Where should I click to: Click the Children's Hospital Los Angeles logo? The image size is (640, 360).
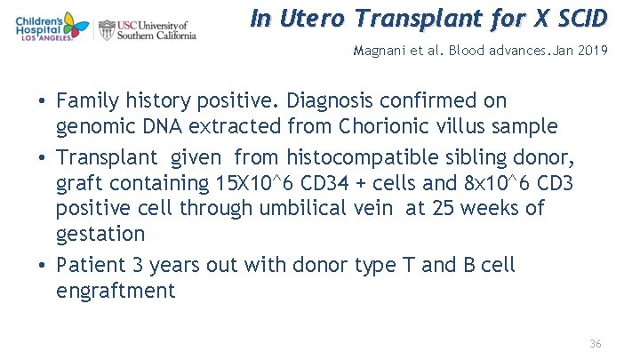[x=47, y=28]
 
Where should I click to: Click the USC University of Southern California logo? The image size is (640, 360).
[x=148, y=29]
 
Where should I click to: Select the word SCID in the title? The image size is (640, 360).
[x=577, y=18]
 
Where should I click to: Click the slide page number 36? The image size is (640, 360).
[x=595, y=343]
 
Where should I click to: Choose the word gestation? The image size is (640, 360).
[x=100, y=234]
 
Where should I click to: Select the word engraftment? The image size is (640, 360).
[x=116, y=291]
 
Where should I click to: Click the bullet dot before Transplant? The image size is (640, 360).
[x=43, y=159]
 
